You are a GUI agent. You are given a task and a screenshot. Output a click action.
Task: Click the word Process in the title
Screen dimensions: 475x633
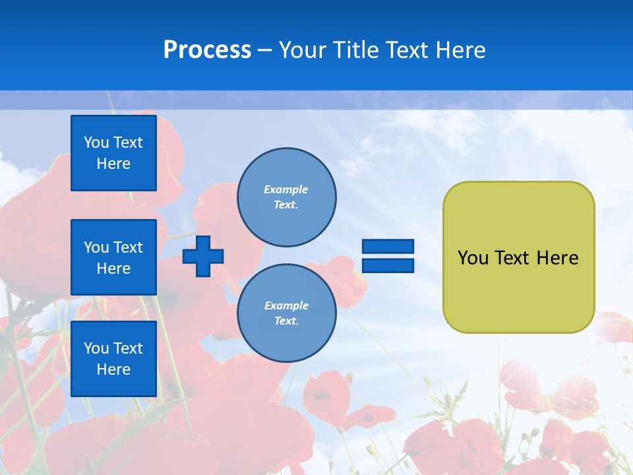207,50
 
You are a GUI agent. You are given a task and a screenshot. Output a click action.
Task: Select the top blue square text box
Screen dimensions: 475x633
113,153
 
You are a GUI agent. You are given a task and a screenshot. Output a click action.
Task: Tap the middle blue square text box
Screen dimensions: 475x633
113,257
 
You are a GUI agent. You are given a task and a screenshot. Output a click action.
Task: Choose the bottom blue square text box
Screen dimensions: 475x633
113,359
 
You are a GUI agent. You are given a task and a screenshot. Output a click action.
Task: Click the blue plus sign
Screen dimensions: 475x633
203,256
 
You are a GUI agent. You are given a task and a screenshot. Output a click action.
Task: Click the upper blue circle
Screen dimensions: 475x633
286,197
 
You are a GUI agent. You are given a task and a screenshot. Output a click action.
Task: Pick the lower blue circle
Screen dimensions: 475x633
286,313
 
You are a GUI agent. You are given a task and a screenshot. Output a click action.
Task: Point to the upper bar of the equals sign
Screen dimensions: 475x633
388,246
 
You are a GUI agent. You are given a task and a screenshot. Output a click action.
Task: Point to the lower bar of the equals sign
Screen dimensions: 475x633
388,266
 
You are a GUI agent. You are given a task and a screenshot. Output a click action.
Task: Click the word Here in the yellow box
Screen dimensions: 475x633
557,258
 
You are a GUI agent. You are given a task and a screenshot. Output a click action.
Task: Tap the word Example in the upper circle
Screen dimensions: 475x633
286,189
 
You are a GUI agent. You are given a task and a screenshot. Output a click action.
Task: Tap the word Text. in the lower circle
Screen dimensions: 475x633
286,321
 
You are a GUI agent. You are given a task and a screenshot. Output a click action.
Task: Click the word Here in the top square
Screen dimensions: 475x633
113,164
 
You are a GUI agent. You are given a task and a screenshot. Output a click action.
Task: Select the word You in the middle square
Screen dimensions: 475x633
96,247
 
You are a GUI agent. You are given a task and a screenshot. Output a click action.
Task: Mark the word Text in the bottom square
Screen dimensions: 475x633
127,348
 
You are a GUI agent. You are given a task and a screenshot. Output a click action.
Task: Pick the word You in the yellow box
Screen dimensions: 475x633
473,258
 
